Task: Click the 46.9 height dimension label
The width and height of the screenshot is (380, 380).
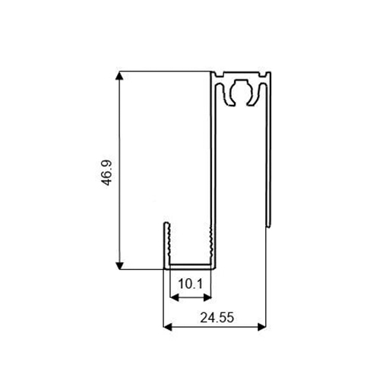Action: [x=104, y=173]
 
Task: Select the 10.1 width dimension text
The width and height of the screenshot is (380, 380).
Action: [x=191, y=283]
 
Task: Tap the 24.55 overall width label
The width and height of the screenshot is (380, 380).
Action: [x=217, y=318]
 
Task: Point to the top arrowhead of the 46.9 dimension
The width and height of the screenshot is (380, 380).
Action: [x=119, y=75]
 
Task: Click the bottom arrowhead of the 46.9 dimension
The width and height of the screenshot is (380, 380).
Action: [x=119, y=265]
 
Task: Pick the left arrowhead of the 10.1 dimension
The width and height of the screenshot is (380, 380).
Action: [x=174, y=298]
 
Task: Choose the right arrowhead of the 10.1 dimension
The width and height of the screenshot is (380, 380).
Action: [x=207, y=298]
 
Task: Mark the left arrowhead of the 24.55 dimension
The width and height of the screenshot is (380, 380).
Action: [x=167, y=327]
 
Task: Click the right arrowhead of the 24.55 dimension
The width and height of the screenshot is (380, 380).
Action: [x=261, y=327]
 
